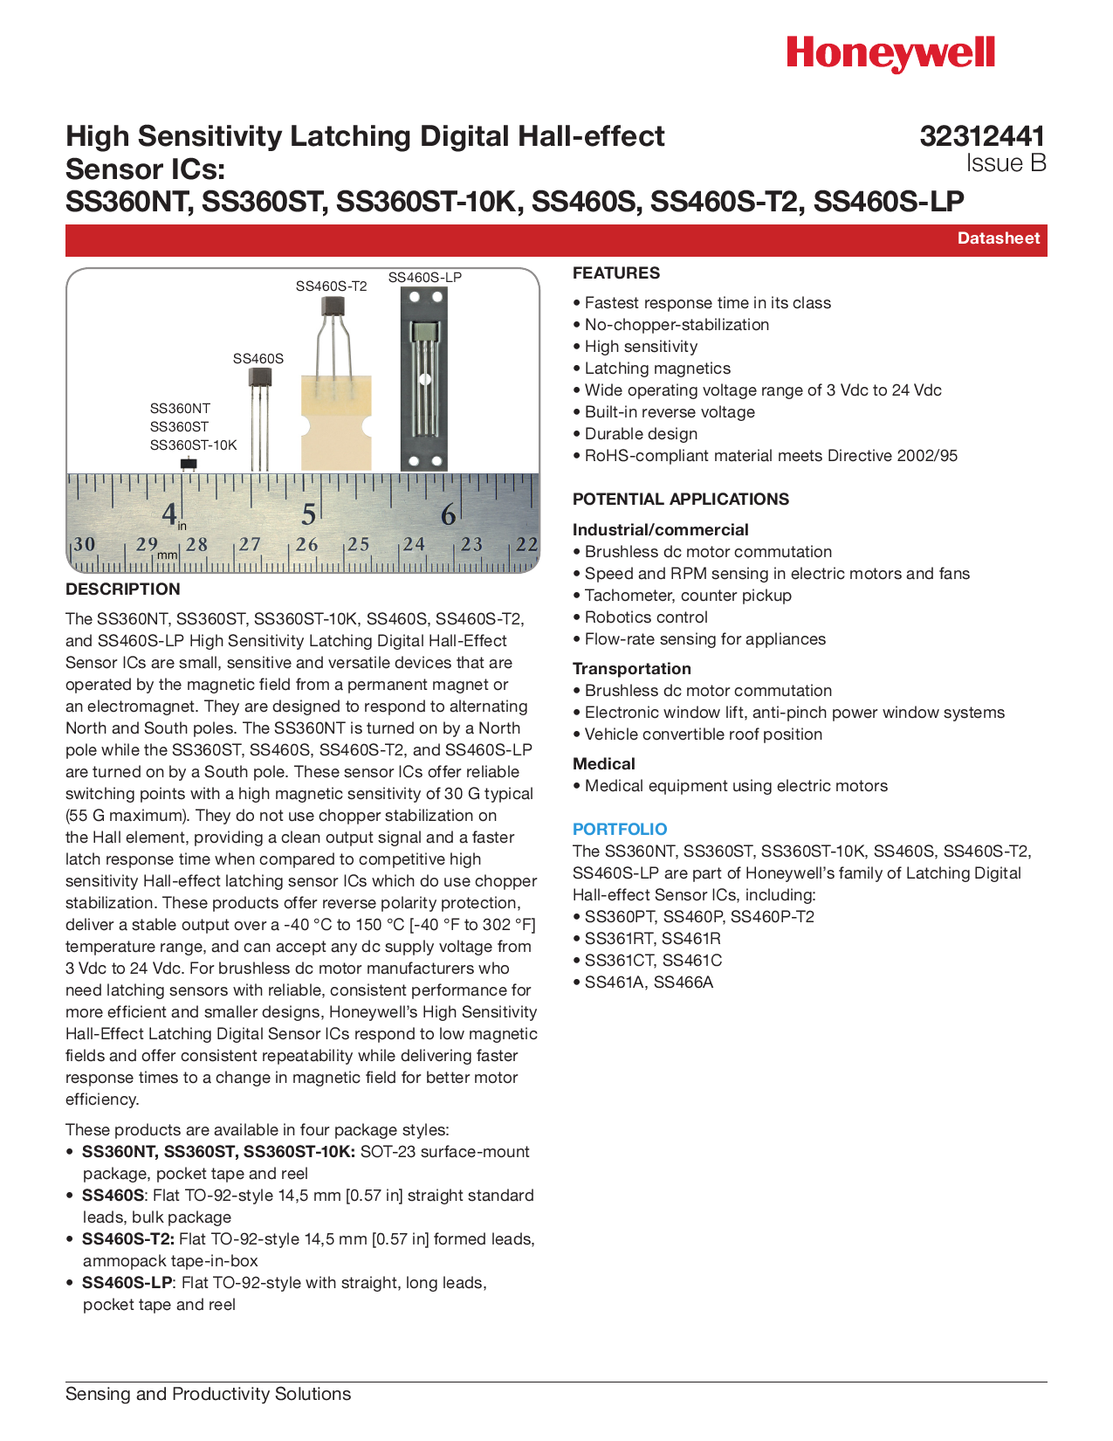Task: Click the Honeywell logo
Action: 890,54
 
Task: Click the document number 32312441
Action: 982,136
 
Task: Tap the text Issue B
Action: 1006,163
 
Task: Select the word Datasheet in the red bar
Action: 999,238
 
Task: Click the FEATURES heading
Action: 616,273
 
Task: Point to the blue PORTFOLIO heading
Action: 620,829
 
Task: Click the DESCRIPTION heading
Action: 123,589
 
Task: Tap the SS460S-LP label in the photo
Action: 425,278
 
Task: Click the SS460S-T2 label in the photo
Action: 331,286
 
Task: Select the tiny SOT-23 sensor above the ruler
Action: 188,464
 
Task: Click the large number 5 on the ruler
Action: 308,515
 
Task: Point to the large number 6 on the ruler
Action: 448,515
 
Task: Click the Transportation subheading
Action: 632,669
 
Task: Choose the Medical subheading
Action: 604,764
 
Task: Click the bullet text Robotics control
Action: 646,617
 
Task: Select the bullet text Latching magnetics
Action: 657,369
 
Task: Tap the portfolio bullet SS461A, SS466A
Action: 649,982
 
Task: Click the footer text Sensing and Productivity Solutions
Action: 209,1394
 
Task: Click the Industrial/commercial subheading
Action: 661,530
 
